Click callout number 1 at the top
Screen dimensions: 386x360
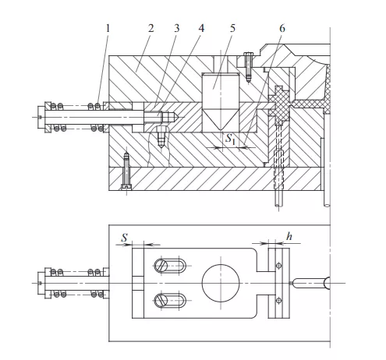[x=108, y=28]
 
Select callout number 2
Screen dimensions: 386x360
[x=151, y=28]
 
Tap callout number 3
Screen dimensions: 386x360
[x=176, y=28]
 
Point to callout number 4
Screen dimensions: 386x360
[x=201, y=28]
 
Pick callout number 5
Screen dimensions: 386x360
[x=232, y=28]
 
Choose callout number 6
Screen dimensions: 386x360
[x=282, y=28]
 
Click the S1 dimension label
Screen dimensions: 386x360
[x=230, y=139]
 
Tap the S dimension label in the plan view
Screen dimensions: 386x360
[x=125, y=238]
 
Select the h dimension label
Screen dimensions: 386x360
[x=289, y=236]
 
